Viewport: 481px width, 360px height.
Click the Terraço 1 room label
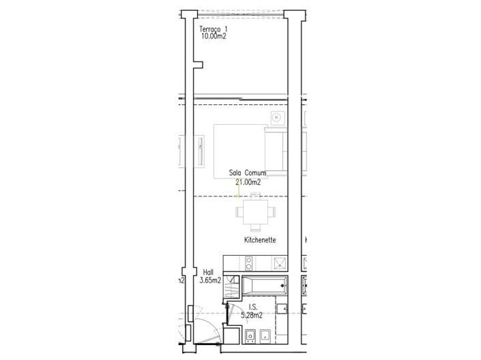click(214, 29)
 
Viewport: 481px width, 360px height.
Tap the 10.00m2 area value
click(214, 36)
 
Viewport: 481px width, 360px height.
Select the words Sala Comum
click(248, 172)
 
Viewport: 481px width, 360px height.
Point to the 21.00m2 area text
click(248, 182)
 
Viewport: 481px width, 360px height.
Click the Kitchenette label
click(260, 240)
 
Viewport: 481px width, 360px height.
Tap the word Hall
click(208, 272)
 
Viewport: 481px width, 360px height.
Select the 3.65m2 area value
click(210, 280)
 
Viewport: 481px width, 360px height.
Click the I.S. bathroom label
click(253, 307)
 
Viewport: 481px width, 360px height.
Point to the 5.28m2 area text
click(252, 315)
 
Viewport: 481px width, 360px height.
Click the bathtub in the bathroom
click(265, 286)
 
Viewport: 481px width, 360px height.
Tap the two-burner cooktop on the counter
click(249, 263)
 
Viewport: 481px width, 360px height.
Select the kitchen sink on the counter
click(280, 263)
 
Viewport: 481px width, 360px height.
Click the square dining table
click(256, 212)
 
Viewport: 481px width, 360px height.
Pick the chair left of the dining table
click(239, 212)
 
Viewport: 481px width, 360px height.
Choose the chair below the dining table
click(256, 228)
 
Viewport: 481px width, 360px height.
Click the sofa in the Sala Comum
click(276, 151)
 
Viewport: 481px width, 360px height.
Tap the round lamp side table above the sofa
click(277, 117)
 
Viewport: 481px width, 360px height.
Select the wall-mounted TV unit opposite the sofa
click(201, 151)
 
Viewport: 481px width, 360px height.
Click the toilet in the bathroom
click(250, 336)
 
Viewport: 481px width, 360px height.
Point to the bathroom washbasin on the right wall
click(282, 308)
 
